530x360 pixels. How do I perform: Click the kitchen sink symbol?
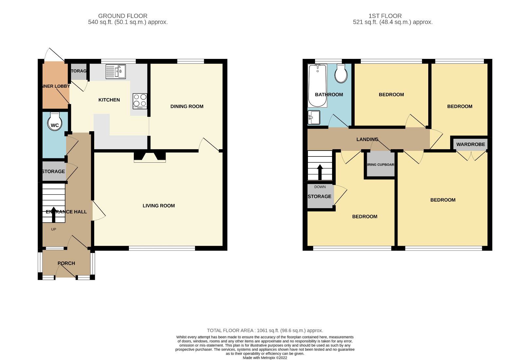coord(116,72)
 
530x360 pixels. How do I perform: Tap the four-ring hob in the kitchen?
coord(140,101)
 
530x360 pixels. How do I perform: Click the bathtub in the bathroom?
coord(317,85)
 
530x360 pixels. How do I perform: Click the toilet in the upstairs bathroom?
coord(341,74)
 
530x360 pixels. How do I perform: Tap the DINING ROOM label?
coord(187,106)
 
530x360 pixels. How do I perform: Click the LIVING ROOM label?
coord(159,206)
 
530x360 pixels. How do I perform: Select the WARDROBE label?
coord(470,144)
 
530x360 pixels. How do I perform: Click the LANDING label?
coord(367,139)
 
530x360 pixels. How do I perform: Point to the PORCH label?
coord(66,263)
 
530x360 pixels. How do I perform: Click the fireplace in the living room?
coord(150,157)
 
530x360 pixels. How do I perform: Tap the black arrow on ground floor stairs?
coord(54,214)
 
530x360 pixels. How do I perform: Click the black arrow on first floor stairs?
coord(320,172)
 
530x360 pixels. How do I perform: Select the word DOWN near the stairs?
coord(320,187)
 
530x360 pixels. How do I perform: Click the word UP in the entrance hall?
coord(54,229)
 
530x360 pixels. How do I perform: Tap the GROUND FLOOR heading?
coord(123,16)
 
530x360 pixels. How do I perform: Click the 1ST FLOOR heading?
coord(385,16)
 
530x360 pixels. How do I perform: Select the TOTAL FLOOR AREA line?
coord(265,331)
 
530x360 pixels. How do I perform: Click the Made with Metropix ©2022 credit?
coord(265,358)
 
